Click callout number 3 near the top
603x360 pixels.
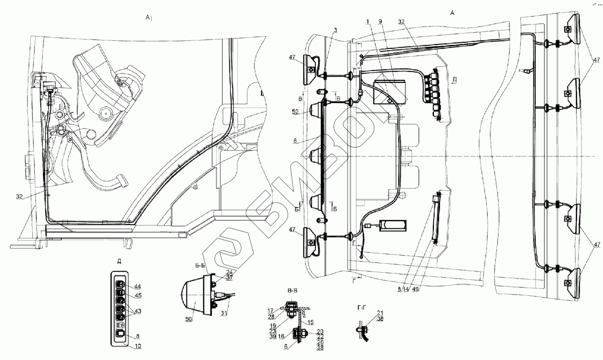335,30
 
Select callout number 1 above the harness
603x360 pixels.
368,21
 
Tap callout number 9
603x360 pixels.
380,21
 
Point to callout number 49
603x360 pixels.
416,289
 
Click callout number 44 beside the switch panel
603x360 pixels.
138,286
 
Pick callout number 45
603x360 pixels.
138,295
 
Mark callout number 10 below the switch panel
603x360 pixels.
138,346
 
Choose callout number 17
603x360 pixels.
270,310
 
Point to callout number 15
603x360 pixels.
310,322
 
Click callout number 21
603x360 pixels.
380,313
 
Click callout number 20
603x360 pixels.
320,332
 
